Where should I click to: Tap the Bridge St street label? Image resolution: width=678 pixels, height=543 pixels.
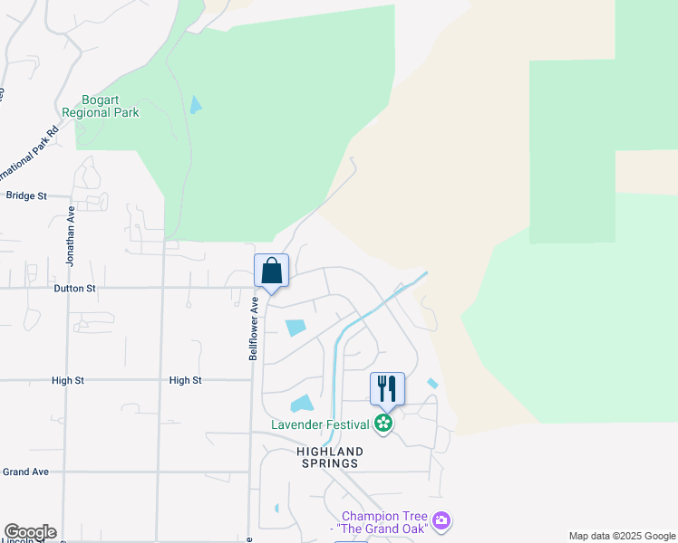click(x=25, y=195)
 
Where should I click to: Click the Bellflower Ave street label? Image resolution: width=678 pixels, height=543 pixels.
click(x=254, y=329)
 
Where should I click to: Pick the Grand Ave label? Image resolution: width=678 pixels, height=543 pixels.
click(x=25, y=472)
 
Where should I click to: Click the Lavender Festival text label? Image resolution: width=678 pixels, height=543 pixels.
click(x=321, y=424)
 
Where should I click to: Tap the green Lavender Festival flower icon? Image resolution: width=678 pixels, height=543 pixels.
click(x=384, y=424)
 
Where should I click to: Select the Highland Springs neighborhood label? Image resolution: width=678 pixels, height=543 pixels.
click(x=330, y=457)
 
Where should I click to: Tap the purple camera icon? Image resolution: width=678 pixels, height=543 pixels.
click(x=441, y=520)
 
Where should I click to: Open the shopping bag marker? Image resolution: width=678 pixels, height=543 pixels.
click(x=271, y=271)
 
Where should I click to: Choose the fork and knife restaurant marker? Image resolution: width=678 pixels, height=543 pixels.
click(x=387, y=388)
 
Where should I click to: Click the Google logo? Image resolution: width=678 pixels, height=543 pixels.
click(x=30, y=532)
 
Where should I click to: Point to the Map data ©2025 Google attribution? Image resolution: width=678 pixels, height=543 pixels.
click(x=621, y=536)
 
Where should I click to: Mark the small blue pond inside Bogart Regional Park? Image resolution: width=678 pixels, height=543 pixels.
click(x=195, y=105)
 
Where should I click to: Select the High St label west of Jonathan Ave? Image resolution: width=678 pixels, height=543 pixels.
click(x=67, y=381)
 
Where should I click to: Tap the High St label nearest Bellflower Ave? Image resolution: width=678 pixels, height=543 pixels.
click(x=185, y=381)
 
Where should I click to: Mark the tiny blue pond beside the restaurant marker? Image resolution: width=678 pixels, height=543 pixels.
click(x=432, y=384)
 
